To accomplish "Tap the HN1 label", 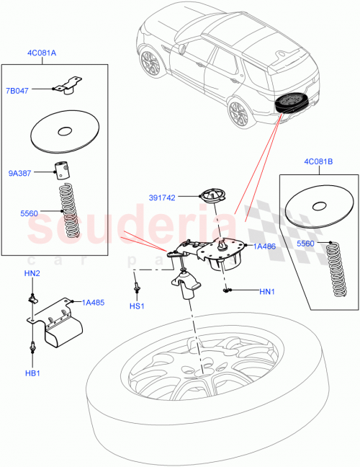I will pos(267,291).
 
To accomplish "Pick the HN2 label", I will pos(31,274).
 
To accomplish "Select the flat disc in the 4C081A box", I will pos(65,133).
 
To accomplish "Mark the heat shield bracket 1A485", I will pos(54,324).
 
